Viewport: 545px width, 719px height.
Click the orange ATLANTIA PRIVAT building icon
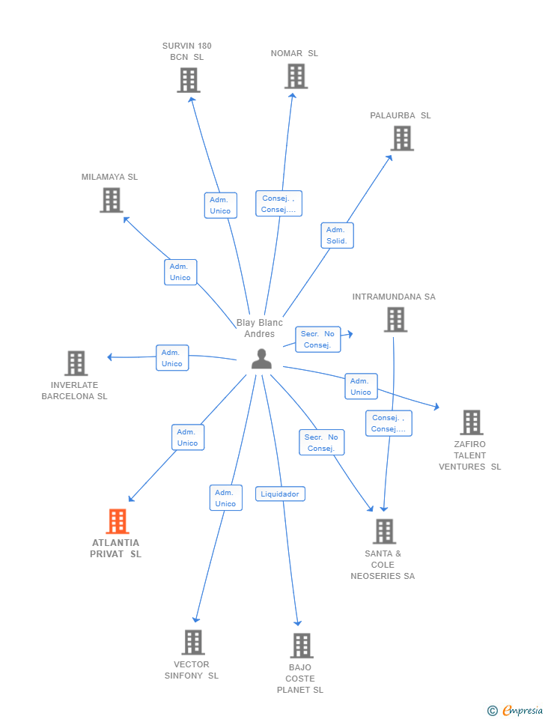click(118, 521)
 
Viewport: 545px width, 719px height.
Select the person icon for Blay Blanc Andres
click(261, 359)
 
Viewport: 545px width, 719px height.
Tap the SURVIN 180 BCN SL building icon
click(189, 80)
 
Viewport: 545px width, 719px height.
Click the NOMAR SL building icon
click(296, 76)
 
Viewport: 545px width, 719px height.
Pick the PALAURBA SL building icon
click(402, 139)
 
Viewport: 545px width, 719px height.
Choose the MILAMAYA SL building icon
click(112, 200)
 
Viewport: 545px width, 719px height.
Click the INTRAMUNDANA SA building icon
click(395, 320)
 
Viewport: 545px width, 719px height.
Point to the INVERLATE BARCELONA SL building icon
click(76, 363)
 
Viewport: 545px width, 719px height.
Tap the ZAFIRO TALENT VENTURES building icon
click(472, 422)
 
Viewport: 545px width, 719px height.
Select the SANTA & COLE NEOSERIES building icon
click(384, 532)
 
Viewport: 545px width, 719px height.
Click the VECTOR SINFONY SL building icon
click(193, 643)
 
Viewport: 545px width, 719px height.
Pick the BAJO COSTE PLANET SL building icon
click(301, 646)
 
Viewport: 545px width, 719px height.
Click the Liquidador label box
click(280, 494)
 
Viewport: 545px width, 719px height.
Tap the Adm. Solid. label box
click(337, 235)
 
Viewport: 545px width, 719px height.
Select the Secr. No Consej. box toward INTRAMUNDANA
click(318, 339)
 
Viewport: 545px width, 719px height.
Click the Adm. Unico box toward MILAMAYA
click(180, 272)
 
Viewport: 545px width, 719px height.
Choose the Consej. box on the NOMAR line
click(278, 204)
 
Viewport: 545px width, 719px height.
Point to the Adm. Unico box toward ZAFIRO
click(361, 386)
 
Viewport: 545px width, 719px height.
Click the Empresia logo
click(516, 710)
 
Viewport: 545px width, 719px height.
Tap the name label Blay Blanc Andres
click(260, 328)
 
